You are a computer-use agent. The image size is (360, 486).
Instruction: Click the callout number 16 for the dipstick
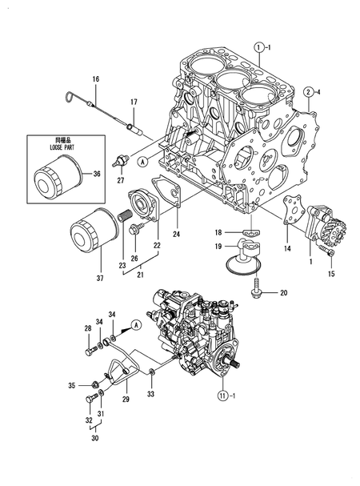point(95,78)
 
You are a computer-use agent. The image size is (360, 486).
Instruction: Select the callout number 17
point(134,102)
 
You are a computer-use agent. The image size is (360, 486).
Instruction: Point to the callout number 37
point(99,279)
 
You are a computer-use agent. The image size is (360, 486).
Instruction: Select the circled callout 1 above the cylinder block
point(259,48)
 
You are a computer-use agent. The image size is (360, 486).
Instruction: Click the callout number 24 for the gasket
point(176,235)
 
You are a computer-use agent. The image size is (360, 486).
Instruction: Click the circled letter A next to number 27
point(142,160)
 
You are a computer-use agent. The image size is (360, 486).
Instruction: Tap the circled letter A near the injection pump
point(136,323)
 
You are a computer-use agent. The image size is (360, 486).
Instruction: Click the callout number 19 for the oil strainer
point(217,248)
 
